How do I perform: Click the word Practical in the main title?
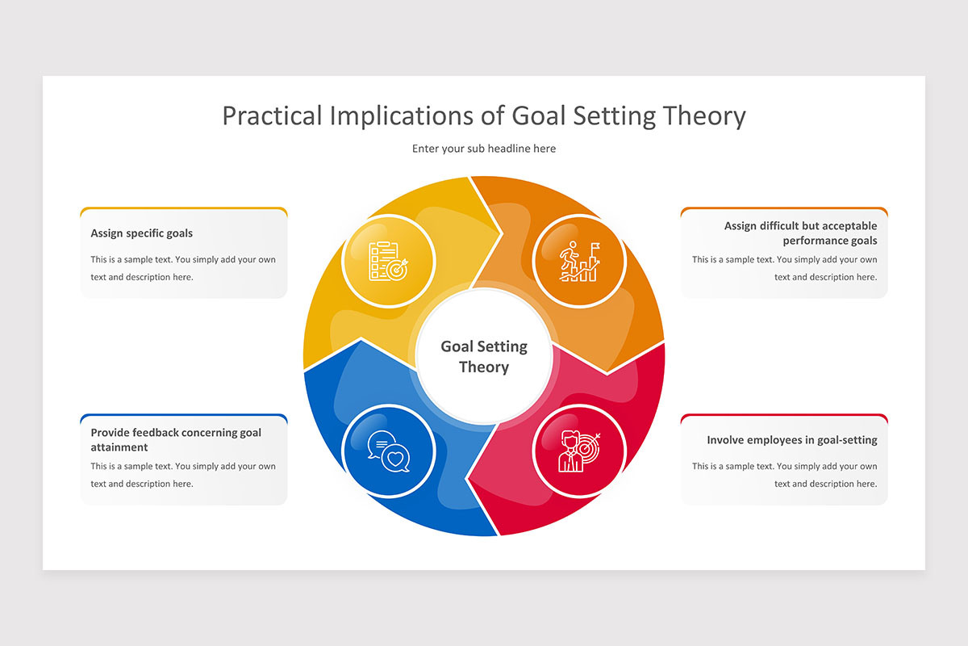(273, 116)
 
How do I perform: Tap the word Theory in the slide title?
(704, 117)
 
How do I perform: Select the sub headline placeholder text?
(484, 149)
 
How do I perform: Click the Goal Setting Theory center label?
(484, 357)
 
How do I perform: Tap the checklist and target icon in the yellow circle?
(388, 262)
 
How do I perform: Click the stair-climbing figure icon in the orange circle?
(579, 262)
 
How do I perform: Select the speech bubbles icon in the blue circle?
(389, 451)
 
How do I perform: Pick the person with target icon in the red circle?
(579, 451)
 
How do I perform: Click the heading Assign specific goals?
(141, 233)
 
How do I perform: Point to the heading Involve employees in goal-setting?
(791, 440)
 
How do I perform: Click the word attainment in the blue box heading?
(119, 447)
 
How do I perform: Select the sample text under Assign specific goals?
(183, 268)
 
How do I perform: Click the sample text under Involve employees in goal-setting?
(784, 475)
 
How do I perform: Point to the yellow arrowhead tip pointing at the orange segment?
(501, 233)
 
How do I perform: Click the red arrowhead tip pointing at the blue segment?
(468, 478)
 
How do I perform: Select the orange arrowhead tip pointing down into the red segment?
(607, 372)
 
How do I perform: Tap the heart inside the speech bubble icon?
(395, 459)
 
